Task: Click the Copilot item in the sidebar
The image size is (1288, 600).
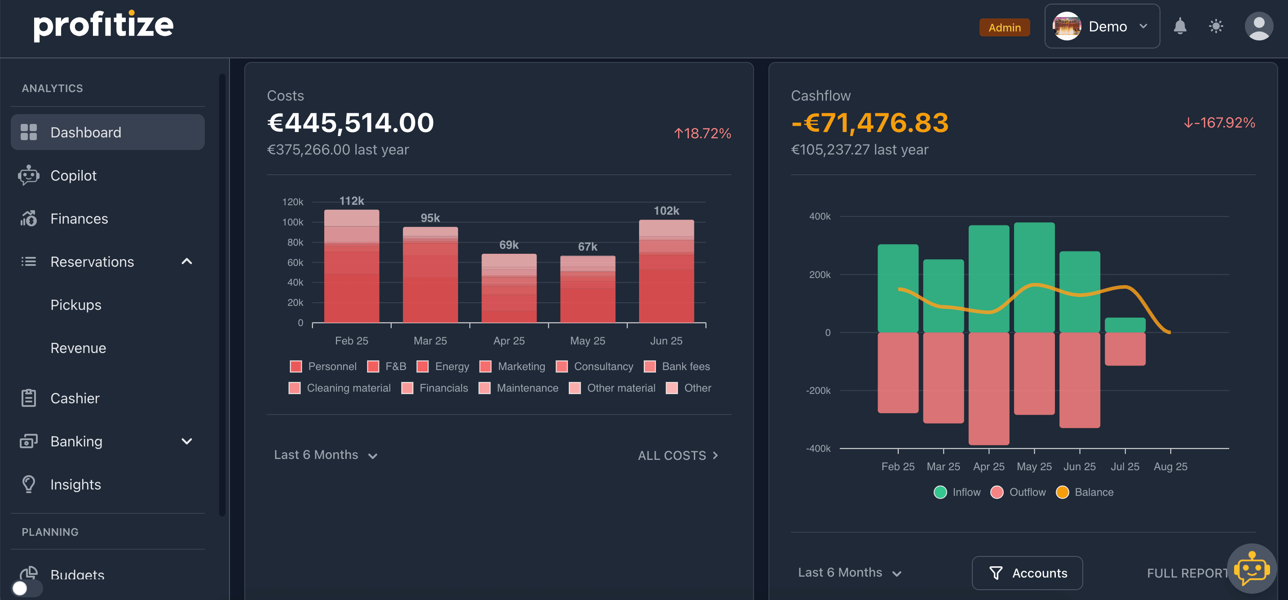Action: click(73, 176)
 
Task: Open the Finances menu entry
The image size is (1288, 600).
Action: click(79, 219)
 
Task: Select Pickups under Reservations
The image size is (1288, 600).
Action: click(75, 305)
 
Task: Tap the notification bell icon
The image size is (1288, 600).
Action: click(1179, 26)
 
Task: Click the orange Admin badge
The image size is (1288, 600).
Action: click(1004, 27)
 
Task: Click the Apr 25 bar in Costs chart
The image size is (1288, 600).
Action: click(508, 288)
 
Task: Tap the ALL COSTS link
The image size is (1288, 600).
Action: click(678, 455)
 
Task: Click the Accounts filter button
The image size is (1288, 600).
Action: click(1027, 573)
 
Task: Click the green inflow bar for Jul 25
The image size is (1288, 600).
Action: click(1125, 325)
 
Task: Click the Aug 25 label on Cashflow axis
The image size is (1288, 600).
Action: click(1170, 467)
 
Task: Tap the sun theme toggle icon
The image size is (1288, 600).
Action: click(1216, 26)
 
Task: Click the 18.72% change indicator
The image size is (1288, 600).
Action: click(702, 133)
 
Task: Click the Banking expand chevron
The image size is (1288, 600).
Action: click(186, 441)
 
